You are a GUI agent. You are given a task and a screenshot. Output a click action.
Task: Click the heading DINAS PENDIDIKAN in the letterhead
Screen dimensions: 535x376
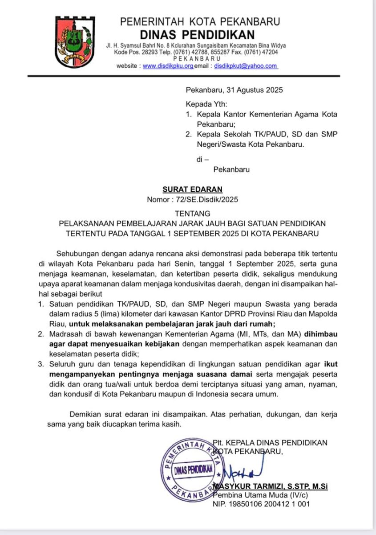coord(198,35)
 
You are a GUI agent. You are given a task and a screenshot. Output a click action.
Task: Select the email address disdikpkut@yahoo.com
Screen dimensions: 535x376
coord(246,66)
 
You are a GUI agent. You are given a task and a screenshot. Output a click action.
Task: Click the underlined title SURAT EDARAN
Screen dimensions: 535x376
coord(192,189)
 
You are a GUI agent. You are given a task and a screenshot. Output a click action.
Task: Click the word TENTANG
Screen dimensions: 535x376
coord(193,214)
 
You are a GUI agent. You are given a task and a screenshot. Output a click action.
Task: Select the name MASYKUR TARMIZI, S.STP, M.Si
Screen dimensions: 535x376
coord(271,486)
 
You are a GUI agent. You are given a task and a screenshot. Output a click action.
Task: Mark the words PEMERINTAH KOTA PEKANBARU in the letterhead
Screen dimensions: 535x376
coord(200,21)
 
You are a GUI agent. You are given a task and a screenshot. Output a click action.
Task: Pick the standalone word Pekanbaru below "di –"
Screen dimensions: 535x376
coord(231,169)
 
